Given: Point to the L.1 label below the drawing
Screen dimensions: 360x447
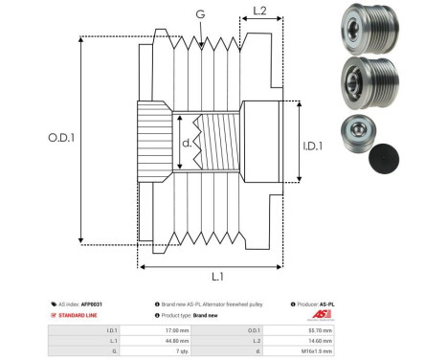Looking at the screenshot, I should (216, 277).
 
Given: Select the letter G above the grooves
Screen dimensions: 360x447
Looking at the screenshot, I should (198, 14).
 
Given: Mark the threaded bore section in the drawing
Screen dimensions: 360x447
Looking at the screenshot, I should (215, 146).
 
